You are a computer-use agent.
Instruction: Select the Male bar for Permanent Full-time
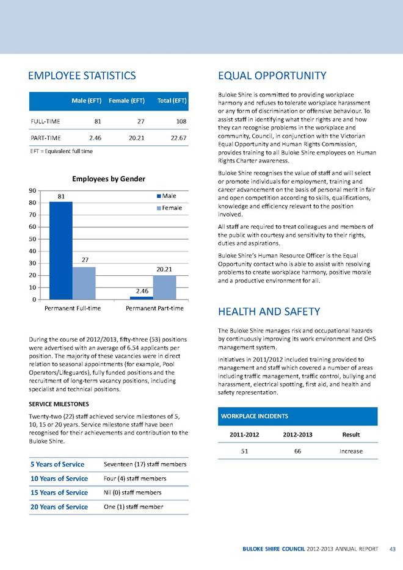[60, 250]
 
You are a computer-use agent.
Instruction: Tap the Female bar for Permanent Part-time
[164, 287]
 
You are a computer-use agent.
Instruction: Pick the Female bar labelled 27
[84, 283]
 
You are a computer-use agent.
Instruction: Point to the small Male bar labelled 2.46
[142, 298]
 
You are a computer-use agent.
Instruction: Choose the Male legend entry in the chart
[167, 196]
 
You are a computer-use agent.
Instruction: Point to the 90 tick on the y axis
[31, 190]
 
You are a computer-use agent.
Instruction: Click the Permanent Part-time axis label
[154, 309]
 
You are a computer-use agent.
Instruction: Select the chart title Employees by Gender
[109, 179]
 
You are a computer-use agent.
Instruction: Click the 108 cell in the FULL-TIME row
[180, 121]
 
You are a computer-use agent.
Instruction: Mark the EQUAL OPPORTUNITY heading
[272, 76]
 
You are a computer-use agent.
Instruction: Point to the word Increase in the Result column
[350, 451]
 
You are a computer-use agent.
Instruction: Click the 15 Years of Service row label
[59, 492]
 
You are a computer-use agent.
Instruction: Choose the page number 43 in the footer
[392, 548]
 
